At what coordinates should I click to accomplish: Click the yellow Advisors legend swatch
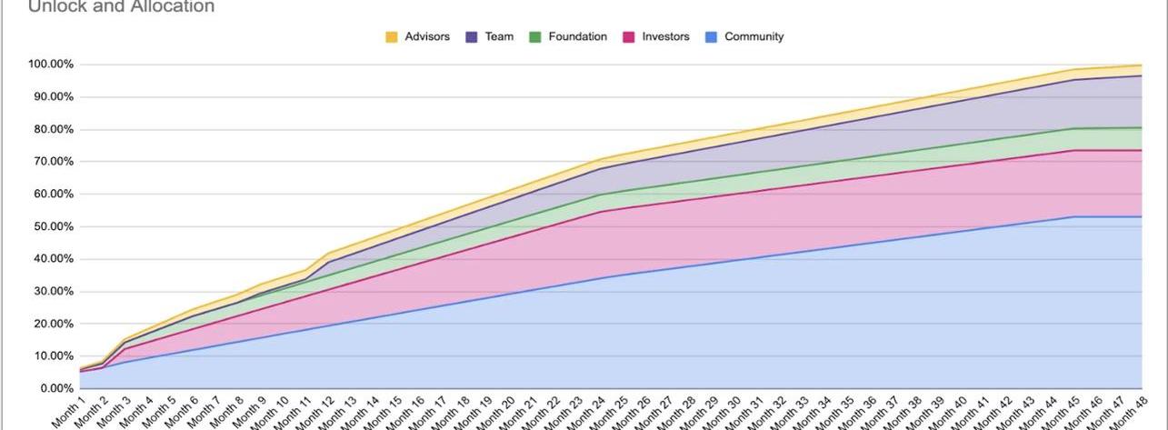click(392, 37)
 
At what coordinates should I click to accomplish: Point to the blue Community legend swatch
click(712, 37)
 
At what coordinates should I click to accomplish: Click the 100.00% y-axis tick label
click(51, 65)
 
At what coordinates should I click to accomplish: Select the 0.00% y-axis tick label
click(56, 389)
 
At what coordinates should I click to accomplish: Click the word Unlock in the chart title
click(53, 7)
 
